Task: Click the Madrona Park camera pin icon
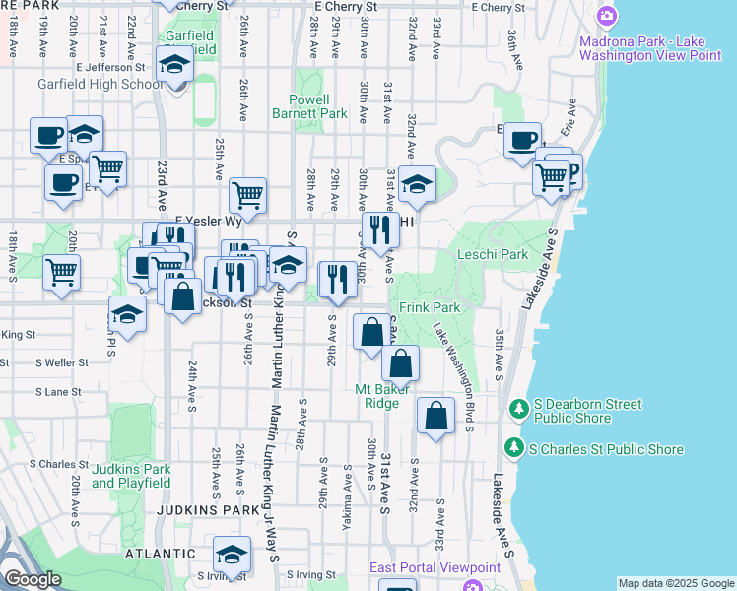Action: click(x=607, y=16)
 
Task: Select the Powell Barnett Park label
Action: click(x=318, y=106)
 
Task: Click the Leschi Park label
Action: click(x=493, y=254)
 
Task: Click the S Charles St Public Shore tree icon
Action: click(x=513, y=448)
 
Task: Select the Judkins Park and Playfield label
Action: click(x=131, y=476)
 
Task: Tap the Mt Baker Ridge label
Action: click(x=377, y=396)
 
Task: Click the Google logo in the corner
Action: click(x=32, y=579)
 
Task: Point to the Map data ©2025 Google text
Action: click(x=676, y=583)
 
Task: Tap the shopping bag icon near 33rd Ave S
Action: click(x=435, y=416)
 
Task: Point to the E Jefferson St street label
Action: click(x=106, y=67)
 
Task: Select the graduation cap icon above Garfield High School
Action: click(x=174, y=64)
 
